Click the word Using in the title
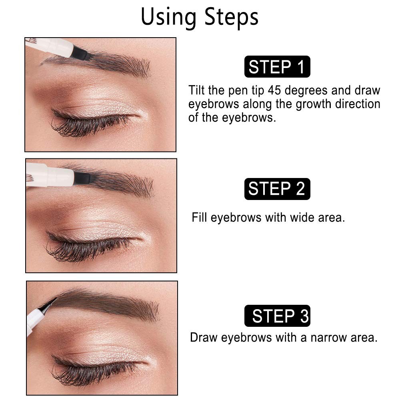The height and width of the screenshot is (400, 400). tap(169, 17)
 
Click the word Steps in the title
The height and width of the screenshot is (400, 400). tap(231, 17)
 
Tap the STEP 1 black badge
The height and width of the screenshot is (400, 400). tap(277, 66)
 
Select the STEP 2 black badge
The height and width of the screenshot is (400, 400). tap(277, 189)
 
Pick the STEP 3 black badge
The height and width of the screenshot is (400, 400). tap(277, 316)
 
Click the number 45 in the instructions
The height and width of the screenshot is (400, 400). tap(274, 90)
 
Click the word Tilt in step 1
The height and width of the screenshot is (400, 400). tap(196, 90)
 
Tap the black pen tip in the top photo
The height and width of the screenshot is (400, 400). tap(82, 54)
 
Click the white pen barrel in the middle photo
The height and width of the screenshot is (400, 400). tap(50, 176)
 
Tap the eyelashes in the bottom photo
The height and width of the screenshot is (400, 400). tap(92, 370)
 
